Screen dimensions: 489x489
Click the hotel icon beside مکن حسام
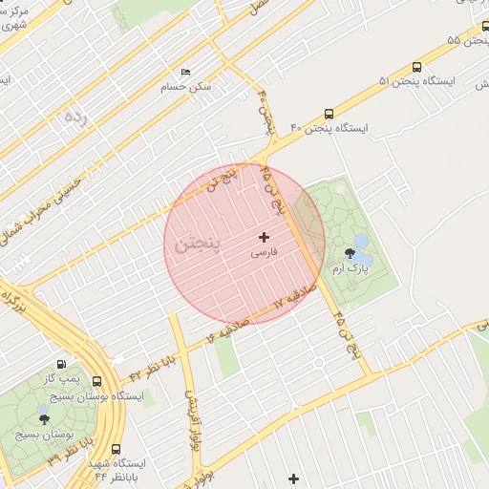click(185, 73)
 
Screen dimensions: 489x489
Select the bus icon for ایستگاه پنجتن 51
click(416, 67)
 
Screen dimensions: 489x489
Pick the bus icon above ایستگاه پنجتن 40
click(330, 111)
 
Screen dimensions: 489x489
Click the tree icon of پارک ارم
click(351, 254)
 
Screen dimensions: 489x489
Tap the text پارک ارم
click(350, 270)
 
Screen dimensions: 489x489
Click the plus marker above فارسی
click(265, 236)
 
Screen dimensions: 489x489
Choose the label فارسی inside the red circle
click(265, 254)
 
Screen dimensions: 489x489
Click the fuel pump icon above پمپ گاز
click(62, 364)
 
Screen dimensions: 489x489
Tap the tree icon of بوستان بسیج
click(43, 417)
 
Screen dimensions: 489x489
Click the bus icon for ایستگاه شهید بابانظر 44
click(117, 449)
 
